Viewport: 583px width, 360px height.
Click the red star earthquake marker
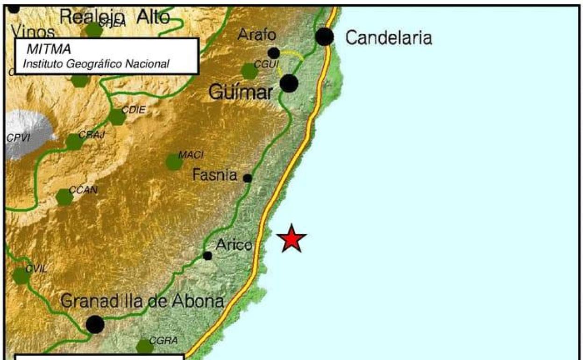point(291,238)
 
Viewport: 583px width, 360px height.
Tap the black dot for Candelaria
point(325,36)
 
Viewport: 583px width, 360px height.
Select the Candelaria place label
point(388,38)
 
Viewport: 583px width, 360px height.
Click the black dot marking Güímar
point(289,84)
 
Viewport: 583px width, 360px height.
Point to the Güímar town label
point(241,92)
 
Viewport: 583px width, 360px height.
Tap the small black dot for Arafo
point(274,53)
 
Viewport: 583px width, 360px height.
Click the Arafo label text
point(257,35)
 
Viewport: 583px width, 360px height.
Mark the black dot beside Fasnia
point(248,178)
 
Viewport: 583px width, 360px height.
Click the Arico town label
point(234,245)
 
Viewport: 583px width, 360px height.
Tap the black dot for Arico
point(208,255)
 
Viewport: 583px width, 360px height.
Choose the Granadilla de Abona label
point(142,302)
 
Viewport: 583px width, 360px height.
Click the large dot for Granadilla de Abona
point(95,324)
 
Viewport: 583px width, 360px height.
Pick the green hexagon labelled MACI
point(174,162)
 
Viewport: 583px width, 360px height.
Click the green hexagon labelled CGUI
point(249,71)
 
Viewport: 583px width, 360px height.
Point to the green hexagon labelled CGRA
point(145,347)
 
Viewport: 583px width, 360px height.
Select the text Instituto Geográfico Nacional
point(96,64)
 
